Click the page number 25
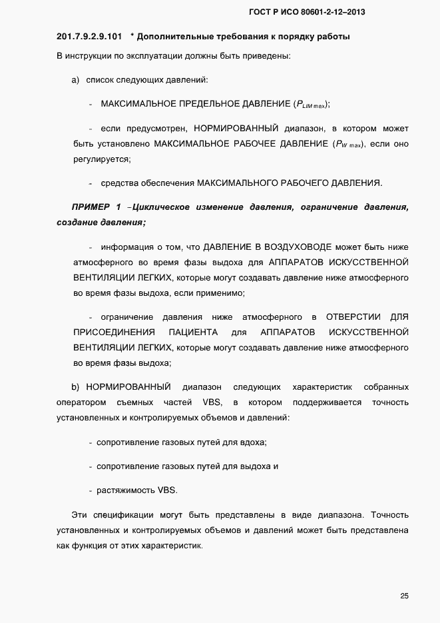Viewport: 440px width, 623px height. click(404, 595)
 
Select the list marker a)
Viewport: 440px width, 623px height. click(75, 80)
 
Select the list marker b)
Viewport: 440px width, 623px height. click(75, 386)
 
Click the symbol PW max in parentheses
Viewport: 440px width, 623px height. click(348, 144)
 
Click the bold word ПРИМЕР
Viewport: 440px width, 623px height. click(91, 207)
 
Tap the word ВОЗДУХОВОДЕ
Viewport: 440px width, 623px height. click(302, 246)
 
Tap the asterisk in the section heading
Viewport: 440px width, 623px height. click(132, 35)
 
